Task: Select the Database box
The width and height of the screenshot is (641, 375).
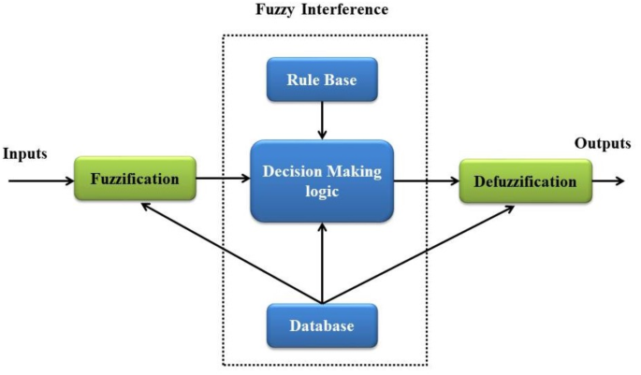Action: [x=322, y=326]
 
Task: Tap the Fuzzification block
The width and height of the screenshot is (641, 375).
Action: [x=136, y=178]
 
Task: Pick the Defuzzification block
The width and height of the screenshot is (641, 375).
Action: [x=525, y=181]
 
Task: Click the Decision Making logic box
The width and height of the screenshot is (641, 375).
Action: [x=321, y=180]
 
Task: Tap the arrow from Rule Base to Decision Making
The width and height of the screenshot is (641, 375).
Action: [x=321, y=119]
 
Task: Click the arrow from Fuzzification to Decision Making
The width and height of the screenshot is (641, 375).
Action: [x=223, y=177]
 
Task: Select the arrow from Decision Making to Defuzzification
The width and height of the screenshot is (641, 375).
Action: [x=425, y=180]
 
